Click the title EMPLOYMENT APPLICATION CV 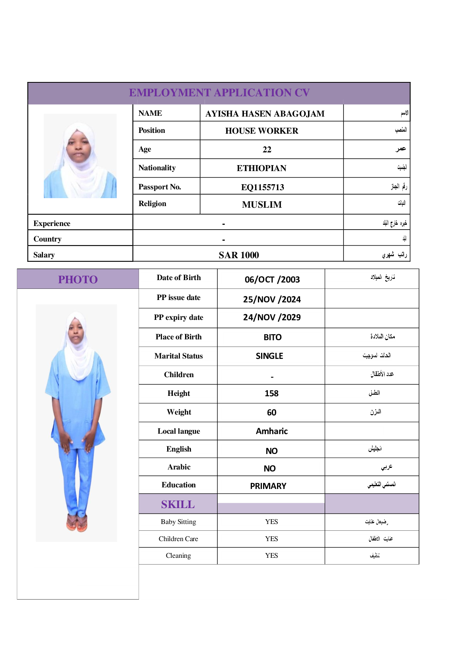219,93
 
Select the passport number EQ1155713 262,187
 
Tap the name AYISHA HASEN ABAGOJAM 265,114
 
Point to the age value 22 267,150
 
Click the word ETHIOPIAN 261,168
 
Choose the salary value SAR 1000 238,255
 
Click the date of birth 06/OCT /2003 272,279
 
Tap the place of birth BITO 272,337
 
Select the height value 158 271,393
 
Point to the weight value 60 271,413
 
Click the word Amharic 271,431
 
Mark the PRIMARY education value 268,486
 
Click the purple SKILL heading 178,504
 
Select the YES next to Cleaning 271,556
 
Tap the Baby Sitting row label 178,522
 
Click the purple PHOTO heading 78,280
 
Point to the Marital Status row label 178,356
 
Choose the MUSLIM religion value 261,205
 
